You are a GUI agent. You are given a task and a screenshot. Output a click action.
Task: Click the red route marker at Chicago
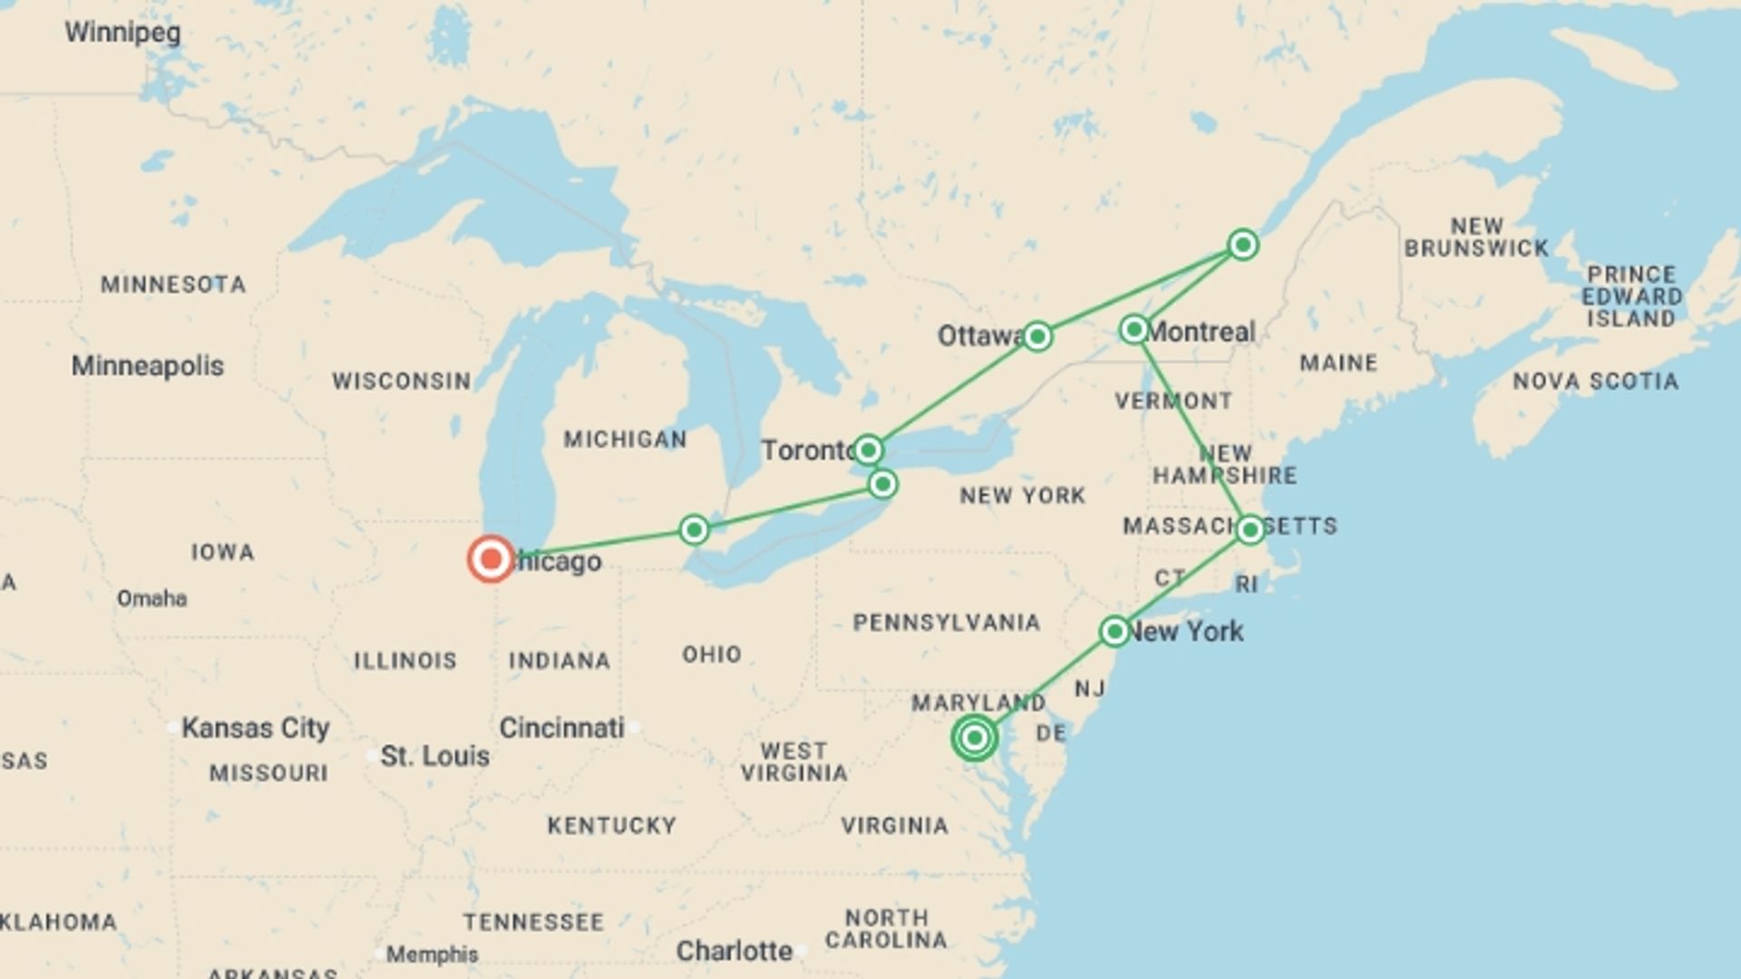tap(491, 558)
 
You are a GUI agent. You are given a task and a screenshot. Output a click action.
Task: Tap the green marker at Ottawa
tap(1037, 336)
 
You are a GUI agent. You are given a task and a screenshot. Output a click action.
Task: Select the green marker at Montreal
tap(1133, 329)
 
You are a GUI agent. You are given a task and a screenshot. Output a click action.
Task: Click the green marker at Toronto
tap(868, 450)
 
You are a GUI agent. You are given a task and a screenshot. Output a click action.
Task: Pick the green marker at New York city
tap(1114, 631)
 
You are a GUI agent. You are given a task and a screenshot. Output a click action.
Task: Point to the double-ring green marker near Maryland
tap(975, 738)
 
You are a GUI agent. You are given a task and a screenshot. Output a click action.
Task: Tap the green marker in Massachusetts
tap(1250, 529)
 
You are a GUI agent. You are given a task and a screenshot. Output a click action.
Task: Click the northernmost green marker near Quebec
tap(1242, 245)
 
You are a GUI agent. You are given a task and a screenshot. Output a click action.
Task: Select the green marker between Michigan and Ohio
tap(694, 529)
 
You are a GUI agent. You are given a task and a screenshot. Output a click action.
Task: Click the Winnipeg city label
tap(122, 33)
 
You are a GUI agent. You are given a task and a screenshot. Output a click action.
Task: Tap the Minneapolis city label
tap(148, 366)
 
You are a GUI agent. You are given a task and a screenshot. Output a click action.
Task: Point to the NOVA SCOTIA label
tap(1595, 382)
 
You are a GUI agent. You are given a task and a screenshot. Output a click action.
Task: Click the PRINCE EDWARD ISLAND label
tap(1631, 296)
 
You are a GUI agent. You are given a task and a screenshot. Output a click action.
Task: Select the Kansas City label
tap(255, 728)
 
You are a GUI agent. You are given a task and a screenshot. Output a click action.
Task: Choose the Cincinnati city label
tap(562, 728)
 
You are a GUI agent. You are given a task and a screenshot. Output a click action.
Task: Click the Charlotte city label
tap(734, 951)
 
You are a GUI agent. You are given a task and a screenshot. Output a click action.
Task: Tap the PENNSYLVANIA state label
tap(946, 623)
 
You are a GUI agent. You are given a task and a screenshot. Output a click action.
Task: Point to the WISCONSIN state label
tap(401, 381)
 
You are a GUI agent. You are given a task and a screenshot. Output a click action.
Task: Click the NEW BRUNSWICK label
tap(1476, 237)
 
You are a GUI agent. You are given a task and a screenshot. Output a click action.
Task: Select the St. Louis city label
tap(434, 756)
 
